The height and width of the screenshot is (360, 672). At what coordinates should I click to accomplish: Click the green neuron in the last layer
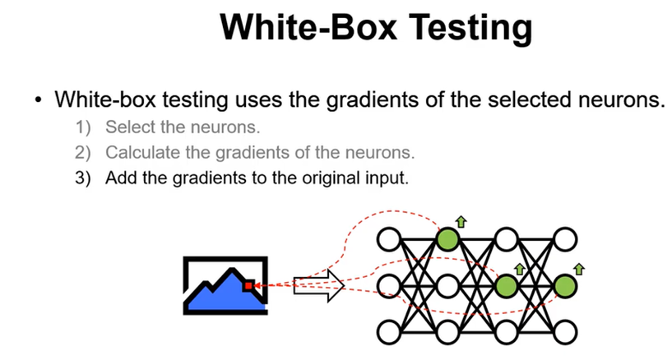coord(564,286)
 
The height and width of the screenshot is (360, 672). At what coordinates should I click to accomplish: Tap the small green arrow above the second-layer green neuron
coord(461,221)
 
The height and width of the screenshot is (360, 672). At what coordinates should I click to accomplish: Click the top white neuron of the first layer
coord(389,239)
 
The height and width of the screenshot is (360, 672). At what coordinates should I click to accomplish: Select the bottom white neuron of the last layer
coord(564,333)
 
